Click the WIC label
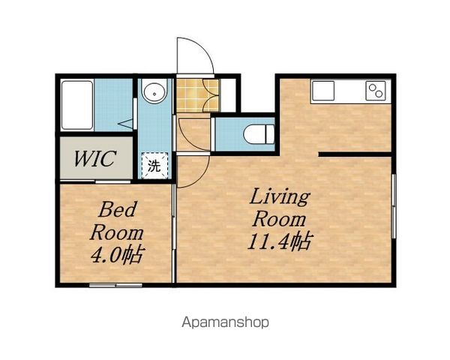point(95,158)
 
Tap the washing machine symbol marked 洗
point(154,165)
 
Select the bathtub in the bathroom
point(77,105)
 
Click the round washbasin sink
point(154,91)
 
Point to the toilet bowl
point(259,134)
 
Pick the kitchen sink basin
point(323,91)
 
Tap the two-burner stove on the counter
point(376,91)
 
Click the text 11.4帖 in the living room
point(280,241)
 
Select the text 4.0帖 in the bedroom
point(117,254)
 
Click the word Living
point(280,197)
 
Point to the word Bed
point(118,209)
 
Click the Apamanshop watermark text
point(225,322)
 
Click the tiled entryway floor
point(197,95)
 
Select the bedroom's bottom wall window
point(115,285)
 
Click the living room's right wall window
point(394,206)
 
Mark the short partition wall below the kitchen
point(355,154)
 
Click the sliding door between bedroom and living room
point(174,233)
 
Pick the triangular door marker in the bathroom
point(126,124)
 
